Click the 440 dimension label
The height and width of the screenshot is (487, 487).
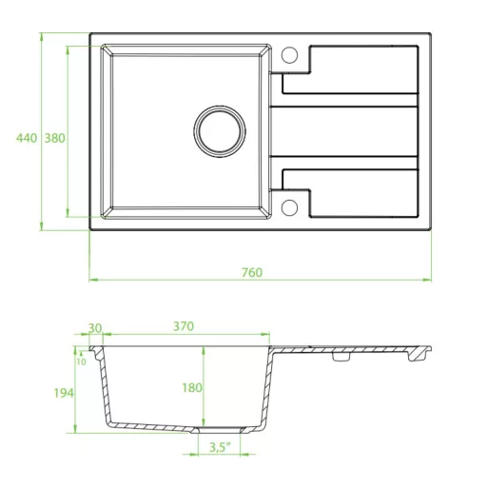[27, 138]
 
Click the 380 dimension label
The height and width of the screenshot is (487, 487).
[54, 138]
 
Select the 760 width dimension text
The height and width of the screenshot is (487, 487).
[252, 273]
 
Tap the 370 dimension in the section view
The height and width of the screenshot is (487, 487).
[184, 326]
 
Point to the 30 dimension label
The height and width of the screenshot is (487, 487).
[94, 328]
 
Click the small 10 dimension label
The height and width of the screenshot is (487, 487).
[81, 361]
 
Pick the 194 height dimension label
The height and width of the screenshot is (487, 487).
[64, 393]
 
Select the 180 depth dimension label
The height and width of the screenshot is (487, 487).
[192, 388]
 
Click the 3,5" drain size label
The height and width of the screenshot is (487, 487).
[220, 447]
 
